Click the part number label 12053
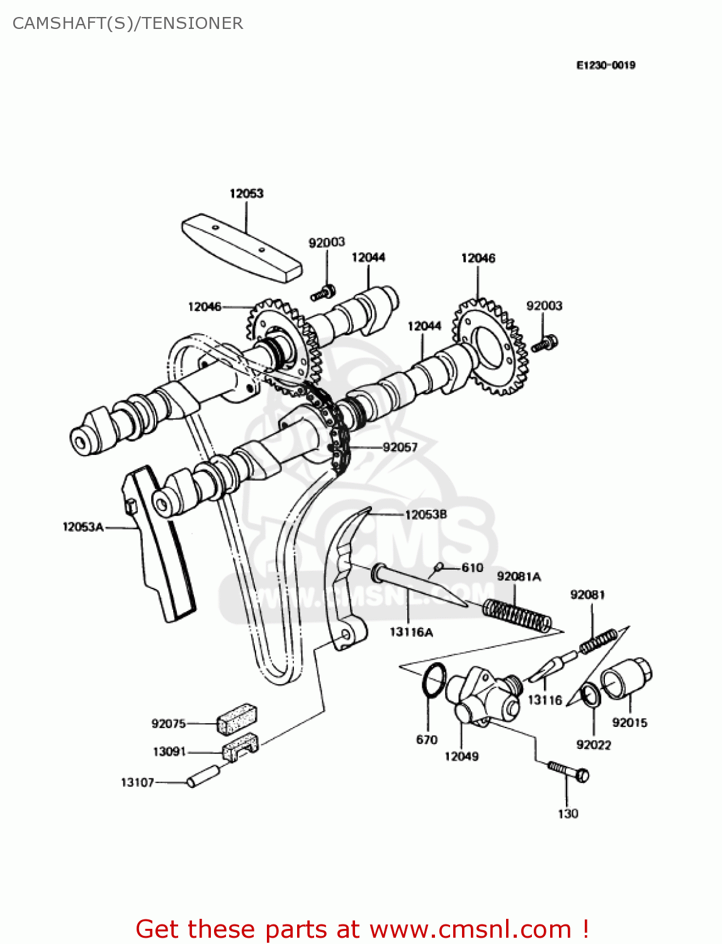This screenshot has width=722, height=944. [246, 193]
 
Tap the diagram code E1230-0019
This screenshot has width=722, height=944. [606, 65]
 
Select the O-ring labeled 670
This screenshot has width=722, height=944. [434, 680]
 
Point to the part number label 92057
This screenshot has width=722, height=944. [400, 447]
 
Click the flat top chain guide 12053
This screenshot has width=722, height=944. [242, 247]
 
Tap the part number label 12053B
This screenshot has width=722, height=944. [426, 514]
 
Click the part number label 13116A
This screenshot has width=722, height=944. [411, 632]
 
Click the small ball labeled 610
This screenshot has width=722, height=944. [439, 567]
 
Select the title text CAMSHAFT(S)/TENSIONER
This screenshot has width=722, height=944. [128, 23]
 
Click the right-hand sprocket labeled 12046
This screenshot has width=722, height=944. [492, 347]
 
